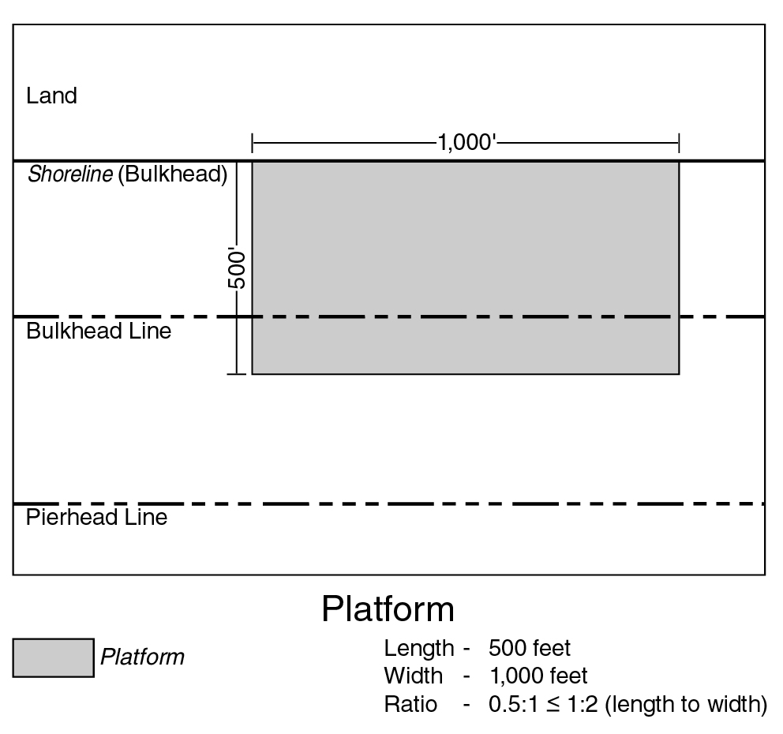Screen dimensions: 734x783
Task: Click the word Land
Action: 51,96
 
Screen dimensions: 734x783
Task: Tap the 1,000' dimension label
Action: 466,144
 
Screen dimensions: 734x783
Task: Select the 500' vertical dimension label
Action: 238,270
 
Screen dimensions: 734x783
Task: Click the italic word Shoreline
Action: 69,174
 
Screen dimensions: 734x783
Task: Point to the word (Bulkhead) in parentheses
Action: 173,174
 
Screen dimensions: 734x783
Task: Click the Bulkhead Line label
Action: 99,331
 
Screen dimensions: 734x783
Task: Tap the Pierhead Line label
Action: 96,518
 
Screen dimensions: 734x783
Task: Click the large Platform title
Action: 388,609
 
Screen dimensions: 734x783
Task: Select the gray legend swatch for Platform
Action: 53,657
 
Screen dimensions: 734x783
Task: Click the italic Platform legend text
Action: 142,657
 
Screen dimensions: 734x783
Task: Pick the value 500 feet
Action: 530,649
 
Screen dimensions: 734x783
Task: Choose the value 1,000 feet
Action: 538,676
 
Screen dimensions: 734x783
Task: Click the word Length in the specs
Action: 418,649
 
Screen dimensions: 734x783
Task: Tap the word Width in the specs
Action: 413,676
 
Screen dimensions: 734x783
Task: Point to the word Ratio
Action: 410,704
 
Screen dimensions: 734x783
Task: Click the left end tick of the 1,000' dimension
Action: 252,144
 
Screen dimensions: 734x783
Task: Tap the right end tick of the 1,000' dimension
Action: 679,144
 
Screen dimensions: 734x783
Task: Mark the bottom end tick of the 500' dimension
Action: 237,373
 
